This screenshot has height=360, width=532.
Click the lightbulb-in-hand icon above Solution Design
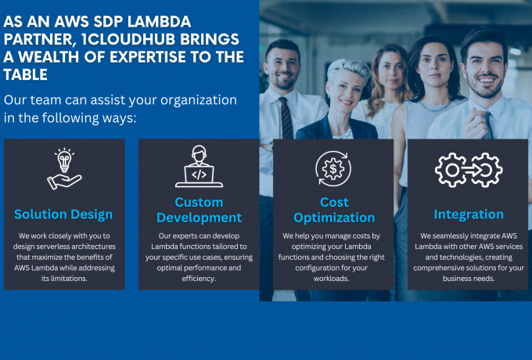click(x=64, y=169)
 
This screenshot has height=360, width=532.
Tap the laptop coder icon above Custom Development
click(x=199, y=166)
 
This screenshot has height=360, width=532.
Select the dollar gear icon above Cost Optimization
click(x=333, y=168)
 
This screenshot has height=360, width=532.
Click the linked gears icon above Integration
click(x=469, y=170)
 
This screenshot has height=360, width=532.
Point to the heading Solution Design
click(x=63, y=214)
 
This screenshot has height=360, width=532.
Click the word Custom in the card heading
click(x=199, y=202)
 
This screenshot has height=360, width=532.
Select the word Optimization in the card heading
click(x=334, y=218)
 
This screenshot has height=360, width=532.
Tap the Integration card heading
click(x=469, y=214)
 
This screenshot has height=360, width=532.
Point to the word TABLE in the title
click(x=26, y=74)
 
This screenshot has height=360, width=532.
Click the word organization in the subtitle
click(x=199, y=100)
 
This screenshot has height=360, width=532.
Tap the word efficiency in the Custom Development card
click(x=199, y=279)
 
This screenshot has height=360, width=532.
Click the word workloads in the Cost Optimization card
click(x=331, y=279)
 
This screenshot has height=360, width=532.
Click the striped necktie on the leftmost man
click(x=286, y=117)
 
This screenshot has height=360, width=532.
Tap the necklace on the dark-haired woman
click(x=436, y=106)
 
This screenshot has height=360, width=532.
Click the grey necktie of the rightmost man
click(x=488, y=125)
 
